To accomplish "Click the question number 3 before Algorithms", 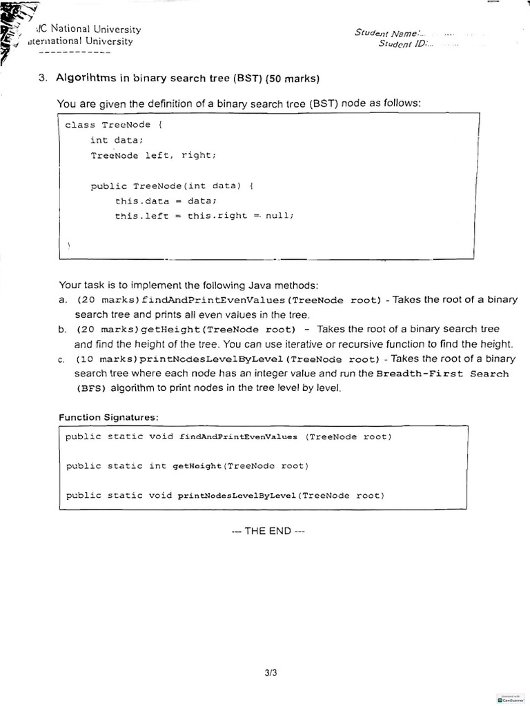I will pos(42,78).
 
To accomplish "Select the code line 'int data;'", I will pos(116,140).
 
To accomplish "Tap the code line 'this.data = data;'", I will pos(166,201).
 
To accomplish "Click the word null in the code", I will pos(279,215).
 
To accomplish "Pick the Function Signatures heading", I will pos(108,417).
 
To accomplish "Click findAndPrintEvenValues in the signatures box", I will pos(238,437).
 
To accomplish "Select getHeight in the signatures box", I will pos(197,466).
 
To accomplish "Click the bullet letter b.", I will pos(62,330).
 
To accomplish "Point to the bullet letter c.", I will pos(62,359).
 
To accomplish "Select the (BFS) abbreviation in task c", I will pos(91,388).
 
